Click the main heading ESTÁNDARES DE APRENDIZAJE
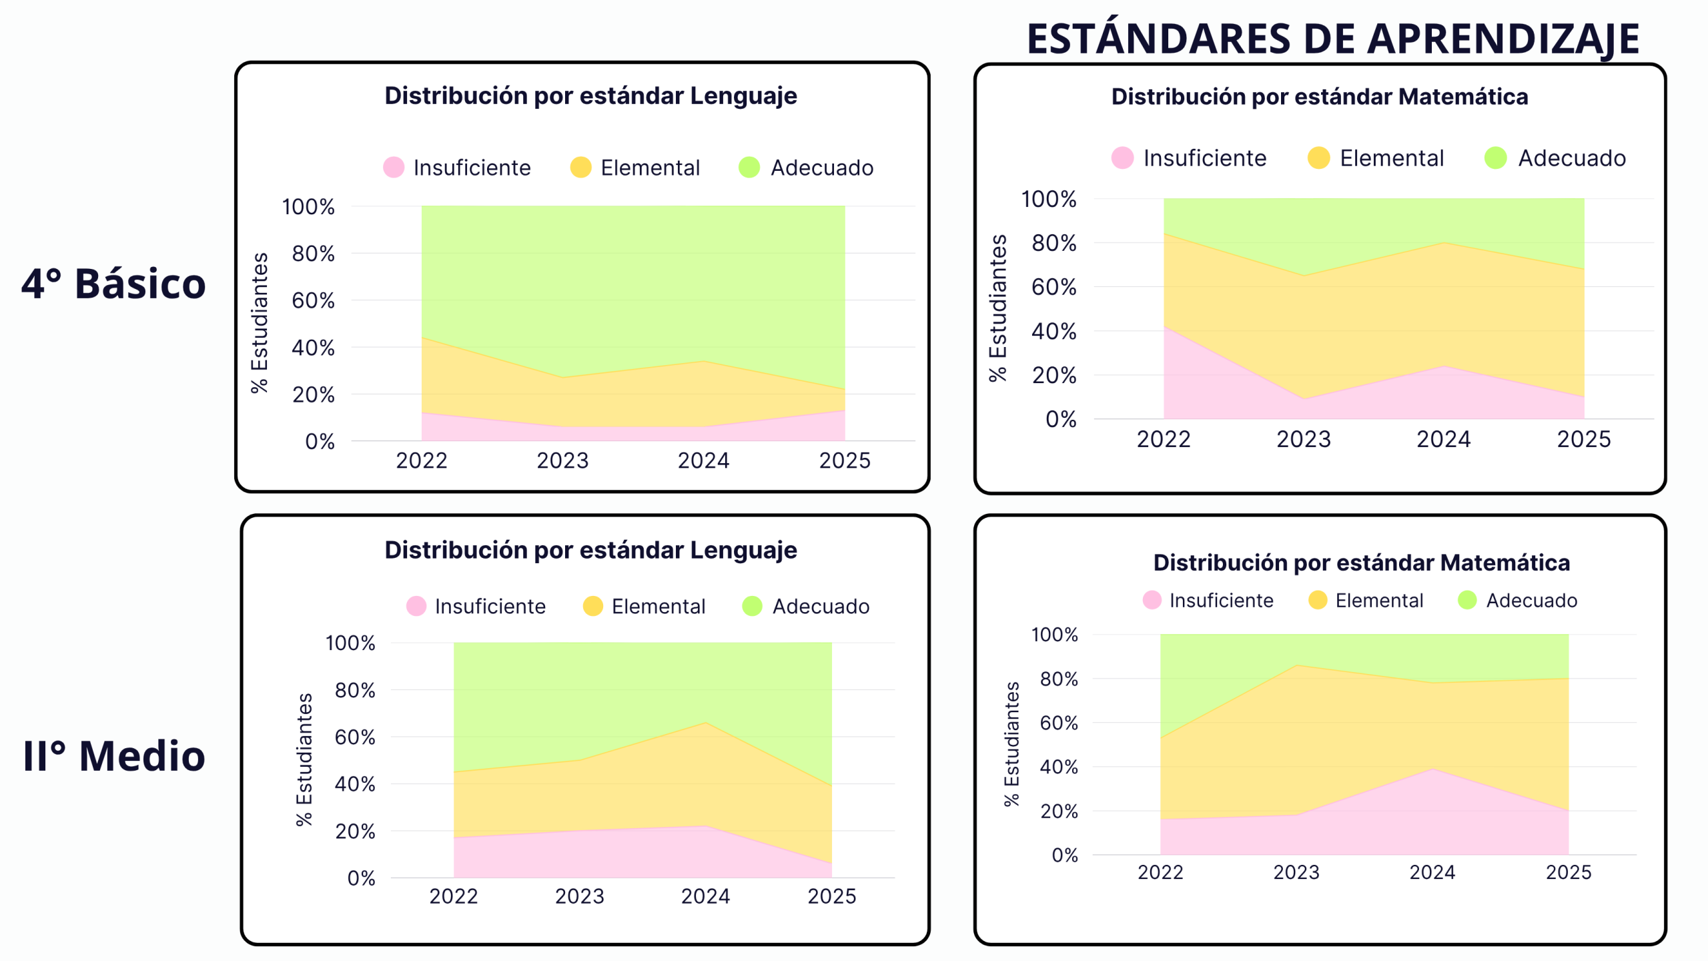coord(1332,39)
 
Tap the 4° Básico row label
coord(113,284)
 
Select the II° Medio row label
coord(114,756)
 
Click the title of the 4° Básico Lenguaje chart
coord(590,96)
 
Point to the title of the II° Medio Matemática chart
coord(1361,563)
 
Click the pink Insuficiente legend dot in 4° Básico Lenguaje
coord(394,168)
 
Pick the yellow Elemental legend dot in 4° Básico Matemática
coord(1318,158)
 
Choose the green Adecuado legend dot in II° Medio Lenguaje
coord(752,606)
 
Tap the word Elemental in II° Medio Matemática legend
coord(1379,601)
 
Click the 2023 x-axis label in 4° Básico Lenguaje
coord(562,460)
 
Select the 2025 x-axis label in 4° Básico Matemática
coord(1583,439)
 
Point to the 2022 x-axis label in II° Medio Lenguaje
coord(454,896)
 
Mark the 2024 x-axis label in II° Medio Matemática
coord(1432,872)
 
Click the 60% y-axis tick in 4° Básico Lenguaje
coord(313,300)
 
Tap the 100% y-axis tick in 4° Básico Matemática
coord(1048,199)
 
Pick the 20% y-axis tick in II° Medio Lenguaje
coord(355,832)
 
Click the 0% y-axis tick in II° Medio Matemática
coord(1064,855)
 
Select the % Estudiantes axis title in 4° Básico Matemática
coord(997,308)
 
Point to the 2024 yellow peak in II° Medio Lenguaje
coord(706,722)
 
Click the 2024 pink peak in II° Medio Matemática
coord(1432,769)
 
